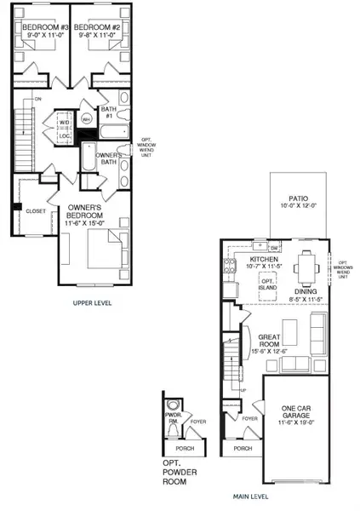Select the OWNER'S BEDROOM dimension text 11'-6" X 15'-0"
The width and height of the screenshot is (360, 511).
tap(84, 224)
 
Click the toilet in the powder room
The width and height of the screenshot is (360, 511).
tap(174, 405)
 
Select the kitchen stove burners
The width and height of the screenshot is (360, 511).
tap(230, 269)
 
